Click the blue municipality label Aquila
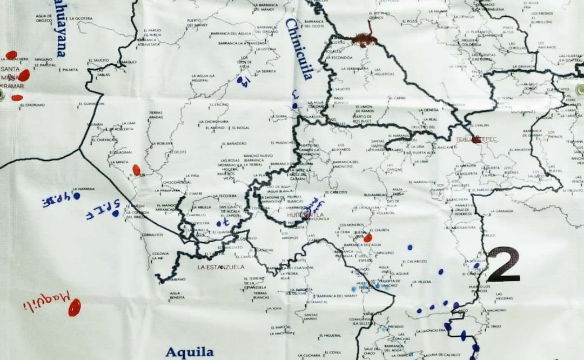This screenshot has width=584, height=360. click(x=189, y=352)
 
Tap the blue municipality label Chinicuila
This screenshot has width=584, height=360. click(x=298, y=49)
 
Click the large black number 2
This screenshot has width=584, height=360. click(x=503, y=265)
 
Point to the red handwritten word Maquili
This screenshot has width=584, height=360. click(x=48, y=301)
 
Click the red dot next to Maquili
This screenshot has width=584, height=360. click(x=74, y=307)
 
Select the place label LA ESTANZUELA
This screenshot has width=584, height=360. click(x=220, y=267)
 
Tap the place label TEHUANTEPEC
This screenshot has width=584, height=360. click(x=476, y=139)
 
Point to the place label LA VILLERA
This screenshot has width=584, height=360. click(x=422, y=282)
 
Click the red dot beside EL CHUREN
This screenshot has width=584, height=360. click(x=368, y=238)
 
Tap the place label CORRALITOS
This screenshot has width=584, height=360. click(x=152, y=235)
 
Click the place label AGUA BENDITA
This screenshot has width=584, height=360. click(x=177, y=296)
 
